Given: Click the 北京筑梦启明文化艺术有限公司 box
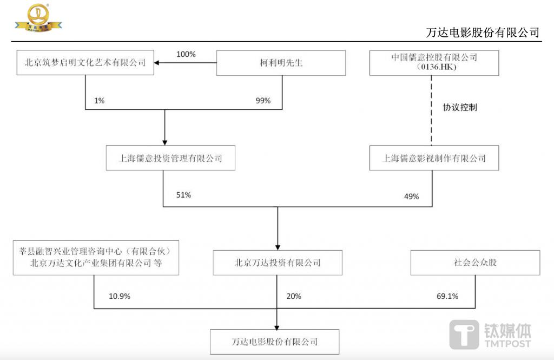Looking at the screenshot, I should [85, 62].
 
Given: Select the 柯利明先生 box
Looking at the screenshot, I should [281, 62].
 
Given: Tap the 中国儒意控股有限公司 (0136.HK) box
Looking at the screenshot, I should [434, 62].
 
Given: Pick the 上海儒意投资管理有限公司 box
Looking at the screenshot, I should [170, 158].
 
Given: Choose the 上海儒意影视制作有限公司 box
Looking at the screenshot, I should [434, 158].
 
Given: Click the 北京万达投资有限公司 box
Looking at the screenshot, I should [277, 263].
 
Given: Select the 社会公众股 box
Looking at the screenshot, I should [475, 263].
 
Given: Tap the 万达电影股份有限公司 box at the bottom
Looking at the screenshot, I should [275, 342].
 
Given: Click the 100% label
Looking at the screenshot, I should [186, 54].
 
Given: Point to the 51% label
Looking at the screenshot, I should [183, 195].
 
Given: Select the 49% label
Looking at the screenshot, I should [411, 197].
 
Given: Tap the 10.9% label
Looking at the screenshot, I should [119, 296].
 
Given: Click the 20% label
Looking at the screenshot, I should [294, 296].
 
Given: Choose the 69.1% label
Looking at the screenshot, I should [447, 296].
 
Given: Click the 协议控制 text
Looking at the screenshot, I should [460, 108].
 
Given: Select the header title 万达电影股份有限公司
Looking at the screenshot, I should [483, 32].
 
